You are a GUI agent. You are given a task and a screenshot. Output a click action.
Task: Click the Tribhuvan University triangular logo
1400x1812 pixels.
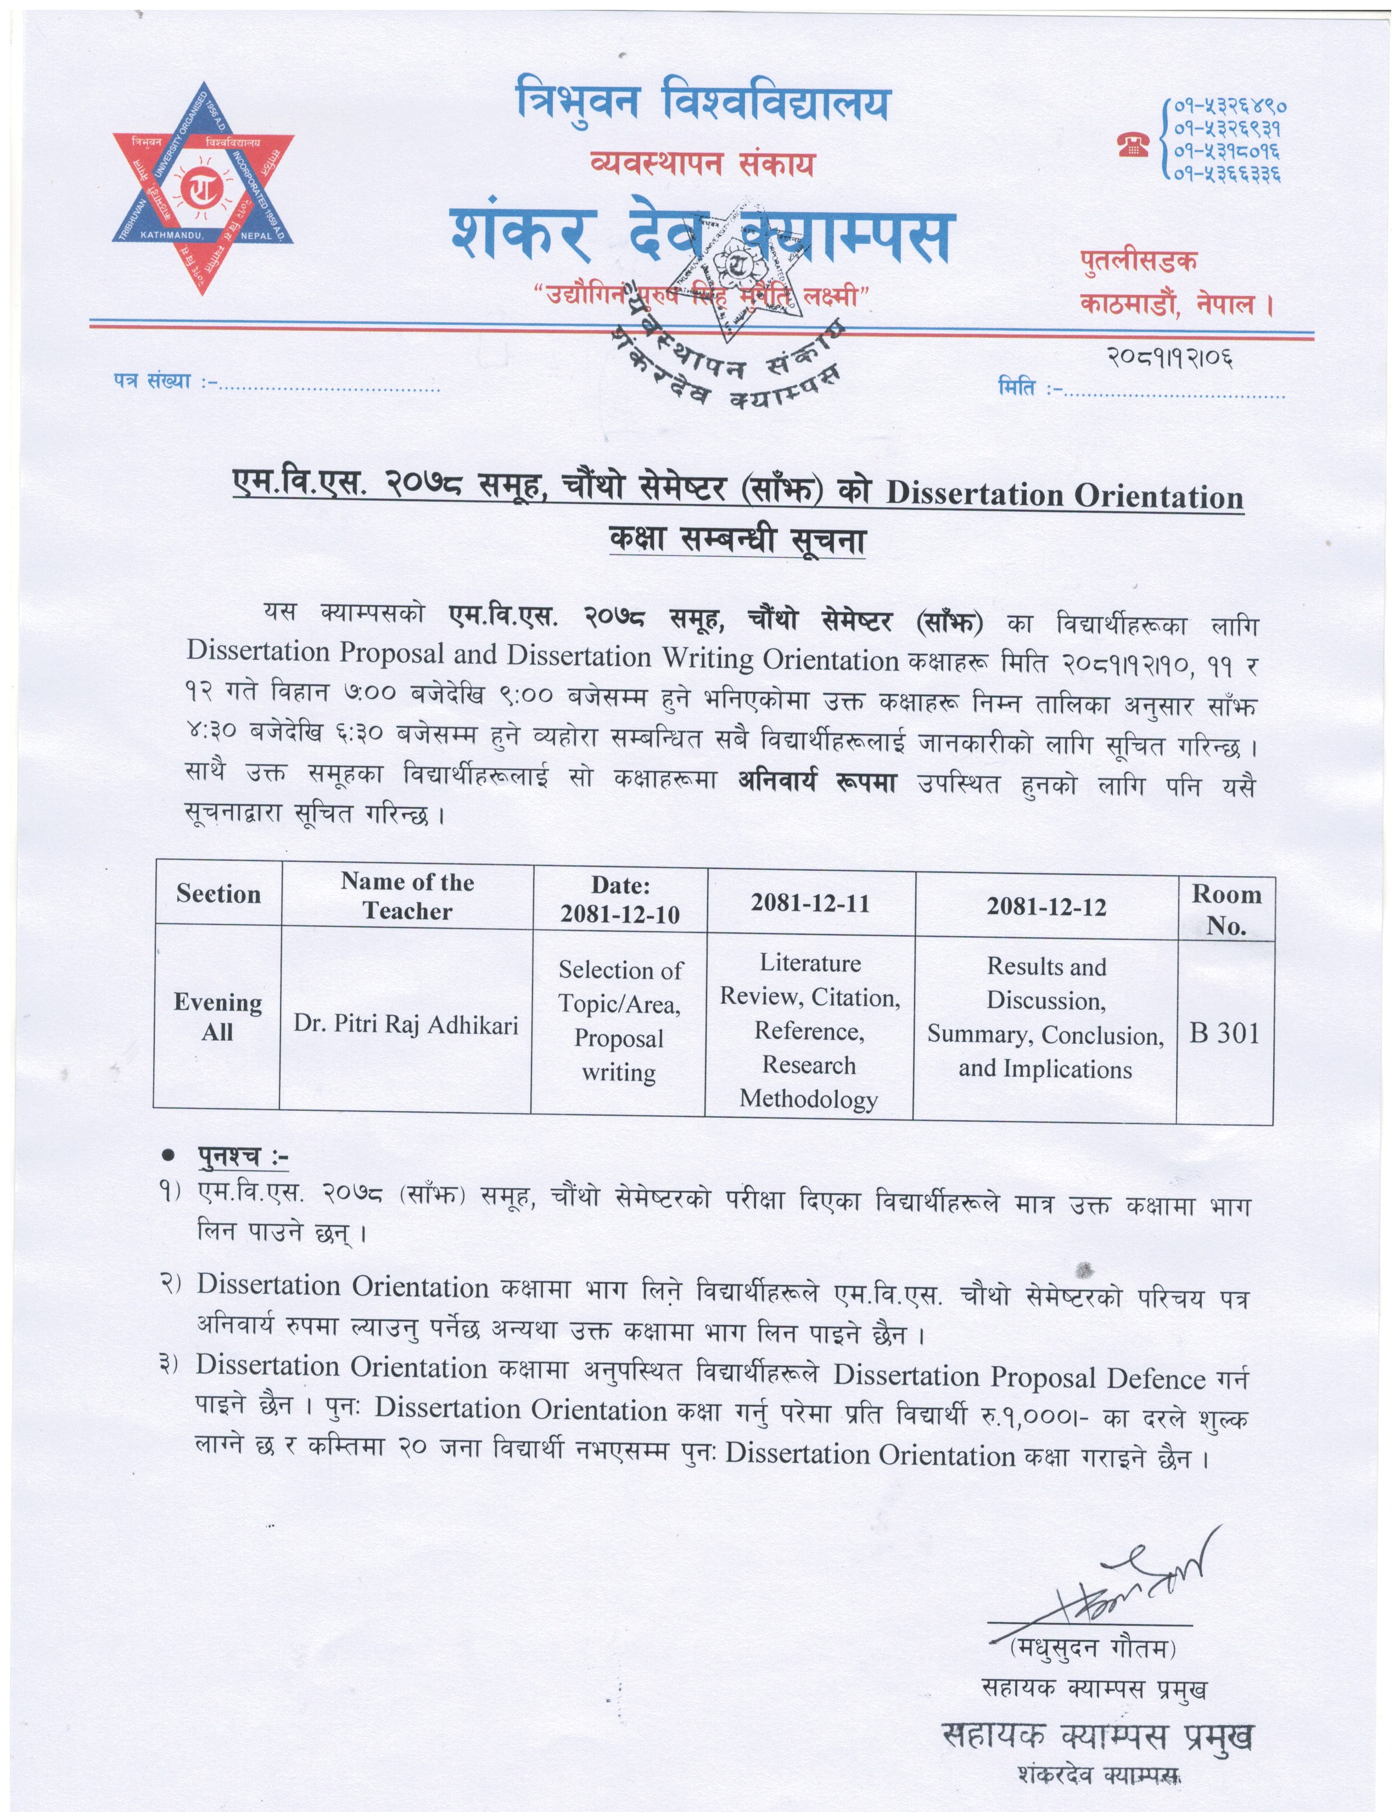[x=203, y=189]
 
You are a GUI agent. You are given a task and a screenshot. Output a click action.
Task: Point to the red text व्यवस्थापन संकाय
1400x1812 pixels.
[x=702, y=164]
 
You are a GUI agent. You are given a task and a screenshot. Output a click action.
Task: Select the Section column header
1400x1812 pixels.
[x=218, y=894]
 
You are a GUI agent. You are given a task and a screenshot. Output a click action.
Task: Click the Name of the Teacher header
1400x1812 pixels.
[x=407, y=896]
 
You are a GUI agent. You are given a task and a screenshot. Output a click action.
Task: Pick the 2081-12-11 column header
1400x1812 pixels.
[x=810, y=903]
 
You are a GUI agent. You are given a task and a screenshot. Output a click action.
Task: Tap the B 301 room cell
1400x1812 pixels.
[x=1224, y=1034]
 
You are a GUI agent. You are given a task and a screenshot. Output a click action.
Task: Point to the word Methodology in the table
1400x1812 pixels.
[x=809, y=1099]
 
